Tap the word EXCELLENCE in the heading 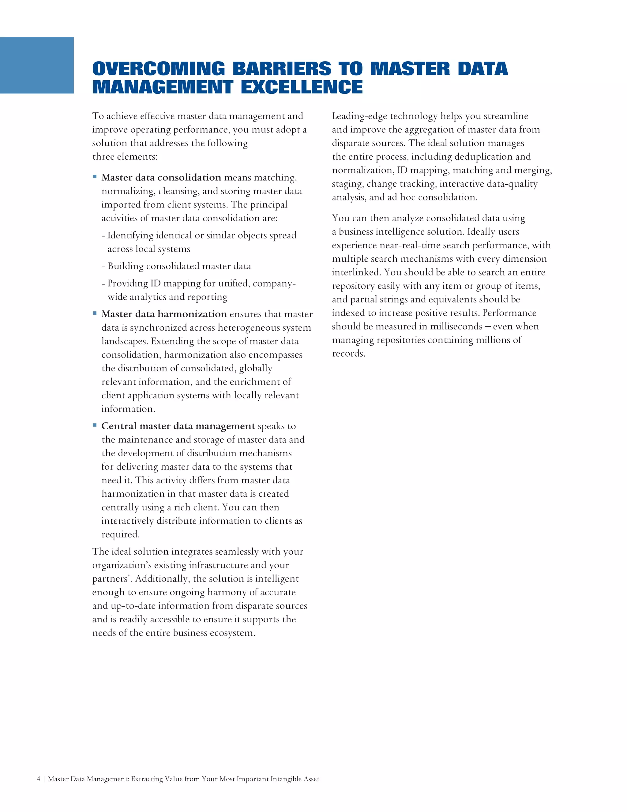click(x=302, y=87)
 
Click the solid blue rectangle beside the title click(x=37, y=65)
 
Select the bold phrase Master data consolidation click(x=161, y=177)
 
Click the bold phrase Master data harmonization click(x=164, y=314)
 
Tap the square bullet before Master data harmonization click(x=95, y=313)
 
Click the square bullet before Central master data click(x=95, y=425)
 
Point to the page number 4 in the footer click(x=39, y=779)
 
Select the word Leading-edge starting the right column click(x=359, y=116)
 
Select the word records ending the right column click(x=348, y=354)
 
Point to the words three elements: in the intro click(x=125, y=157)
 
